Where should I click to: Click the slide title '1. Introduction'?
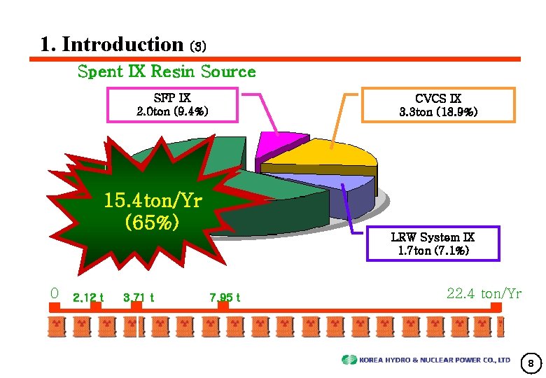point(112,45)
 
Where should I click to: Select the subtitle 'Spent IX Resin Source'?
point(167,71)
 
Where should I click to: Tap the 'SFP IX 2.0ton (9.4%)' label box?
point(172,104)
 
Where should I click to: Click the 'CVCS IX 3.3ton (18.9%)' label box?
point(438,105)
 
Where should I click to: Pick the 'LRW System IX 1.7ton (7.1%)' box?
point(433,244)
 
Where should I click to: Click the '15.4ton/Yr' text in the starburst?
point(153,202)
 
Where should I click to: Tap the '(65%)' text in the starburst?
point(152,223)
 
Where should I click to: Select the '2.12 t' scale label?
point(87,297)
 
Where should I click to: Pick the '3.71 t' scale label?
point(138,297)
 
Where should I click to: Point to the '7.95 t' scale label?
point(224,297)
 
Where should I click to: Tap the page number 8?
point(531,363)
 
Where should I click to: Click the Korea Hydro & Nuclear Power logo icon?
point(349,360)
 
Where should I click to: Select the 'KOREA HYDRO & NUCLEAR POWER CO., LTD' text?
point(435,360)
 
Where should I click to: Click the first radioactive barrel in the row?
point(57,327)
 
